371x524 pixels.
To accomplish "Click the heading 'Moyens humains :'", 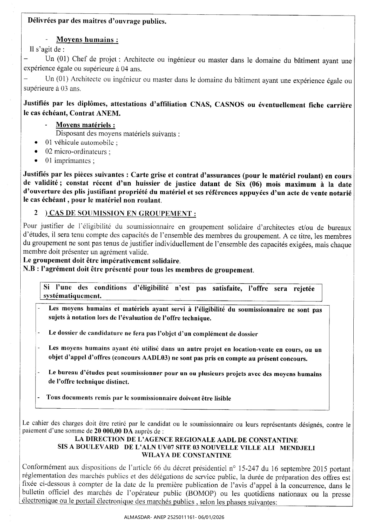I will click(87, 40).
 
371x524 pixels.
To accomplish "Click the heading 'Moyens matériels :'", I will click(86, 125).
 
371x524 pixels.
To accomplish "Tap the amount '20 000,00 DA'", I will click(113, 431).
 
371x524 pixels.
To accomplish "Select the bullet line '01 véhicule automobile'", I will click(81, 142).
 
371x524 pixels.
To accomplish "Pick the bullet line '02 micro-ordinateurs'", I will click(78, 151).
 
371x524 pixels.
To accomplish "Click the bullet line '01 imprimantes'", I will click(70, 161).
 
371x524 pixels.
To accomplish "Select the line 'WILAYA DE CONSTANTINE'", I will click(186, 455).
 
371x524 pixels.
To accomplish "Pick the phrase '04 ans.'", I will click(131, 69).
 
